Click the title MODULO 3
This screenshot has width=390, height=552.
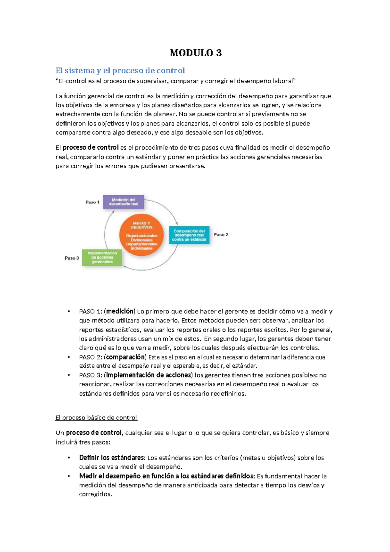pos(196,53)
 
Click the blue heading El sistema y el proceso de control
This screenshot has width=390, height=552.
pos(120,71)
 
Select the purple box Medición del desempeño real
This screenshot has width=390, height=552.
pos(123,202)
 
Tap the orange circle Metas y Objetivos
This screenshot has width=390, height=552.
pos(141,235)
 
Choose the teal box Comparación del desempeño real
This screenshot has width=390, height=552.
pos(189,235)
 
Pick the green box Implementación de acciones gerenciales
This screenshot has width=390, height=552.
pos(102,257)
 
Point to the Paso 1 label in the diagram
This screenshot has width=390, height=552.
pos(92,202)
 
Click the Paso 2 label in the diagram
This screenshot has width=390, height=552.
pos(221,235)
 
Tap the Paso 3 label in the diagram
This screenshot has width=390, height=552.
pos(72,258)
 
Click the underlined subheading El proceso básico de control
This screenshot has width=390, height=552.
pos(96,418)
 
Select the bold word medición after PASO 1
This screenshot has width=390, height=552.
pos(120,311)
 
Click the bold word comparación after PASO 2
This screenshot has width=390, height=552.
pos(125,357)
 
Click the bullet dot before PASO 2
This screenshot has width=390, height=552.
pos(69,357)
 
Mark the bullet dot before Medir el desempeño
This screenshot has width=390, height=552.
pos(69,476)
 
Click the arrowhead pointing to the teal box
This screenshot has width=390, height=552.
pos(176,223)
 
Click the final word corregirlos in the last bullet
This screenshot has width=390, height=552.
pos(95,494)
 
